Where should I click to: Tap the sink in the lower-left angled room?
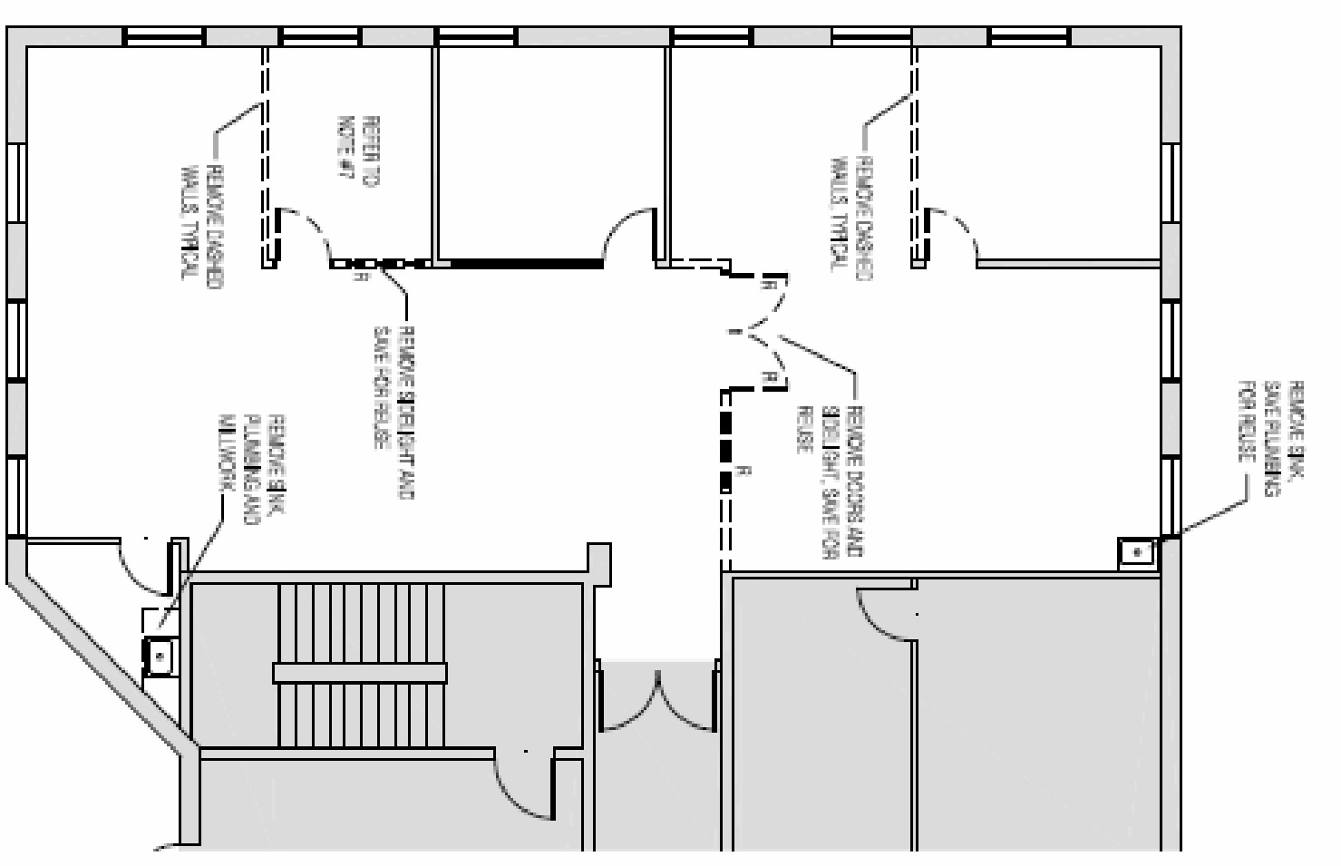coord(160,657)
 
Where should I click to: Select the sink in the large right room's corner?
coord(1135,552)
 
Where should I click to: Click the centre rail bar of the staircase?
coord(360,673)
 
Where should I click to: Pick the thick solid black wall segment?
coord(526,264)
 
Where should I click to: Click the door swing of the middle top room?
coord(629,236)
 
